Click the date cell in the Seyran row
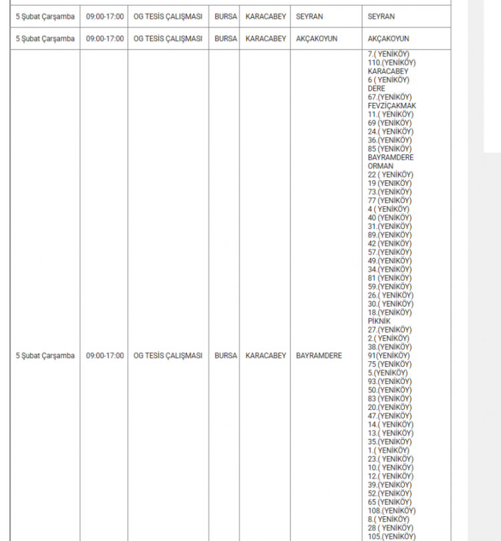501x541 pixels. point(45,16)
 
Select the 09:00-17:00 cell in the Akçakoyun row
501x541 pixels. point(105,39)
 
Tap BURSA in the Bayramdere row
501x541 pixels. point(225,356)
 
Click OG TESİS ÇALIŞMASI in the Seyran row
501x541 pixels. point(168,16)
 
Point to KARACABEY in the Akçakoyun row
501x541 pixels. point(266,39)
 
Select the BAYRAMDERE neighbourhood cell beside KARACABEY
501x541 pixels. point(319,356)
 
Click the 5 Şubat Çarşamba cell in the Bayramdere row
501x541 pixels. point(45,356)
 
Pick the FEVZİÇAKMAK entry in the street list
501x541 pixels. point(391,106)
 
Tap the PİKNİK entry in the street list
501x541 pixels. point(379,321)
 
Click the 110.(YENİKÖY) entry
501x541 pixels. point(391,63)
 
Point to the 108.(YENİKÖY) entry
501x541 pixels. point(391,511)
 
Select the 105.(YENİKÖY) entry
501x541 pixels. point(391,536)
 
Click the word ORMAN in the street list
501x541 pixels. point(381,166)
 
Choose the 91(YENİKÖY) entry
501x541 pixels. point(389,356)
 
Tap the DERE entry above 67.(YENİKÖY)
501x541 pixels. point(376,88)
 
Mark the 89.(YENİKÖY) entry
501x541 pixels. point(389,235)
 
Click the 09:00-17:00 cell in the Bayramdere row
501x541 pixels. point(105,356)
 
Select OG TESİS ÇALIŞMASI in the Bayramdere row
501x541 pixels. point(168,356)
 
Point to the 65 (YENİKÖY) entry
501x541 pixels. point(389,502)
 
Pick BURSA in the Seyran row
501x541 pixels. point(225,16)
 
